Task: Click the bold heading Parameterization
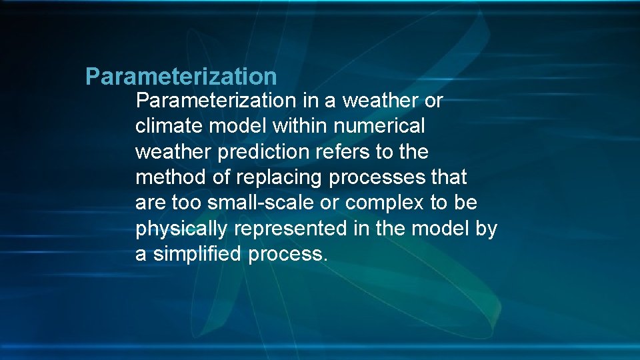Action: tap(181, 77)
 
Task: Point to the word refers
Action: tap(335, 152)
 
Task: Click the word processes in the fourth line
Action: tap(375, 178)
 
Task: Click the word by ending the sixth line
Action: tap(487, 229)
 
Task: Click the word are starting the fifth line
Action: tap(147, 203)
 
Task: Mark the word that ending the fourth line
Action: tap(449, 177)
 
